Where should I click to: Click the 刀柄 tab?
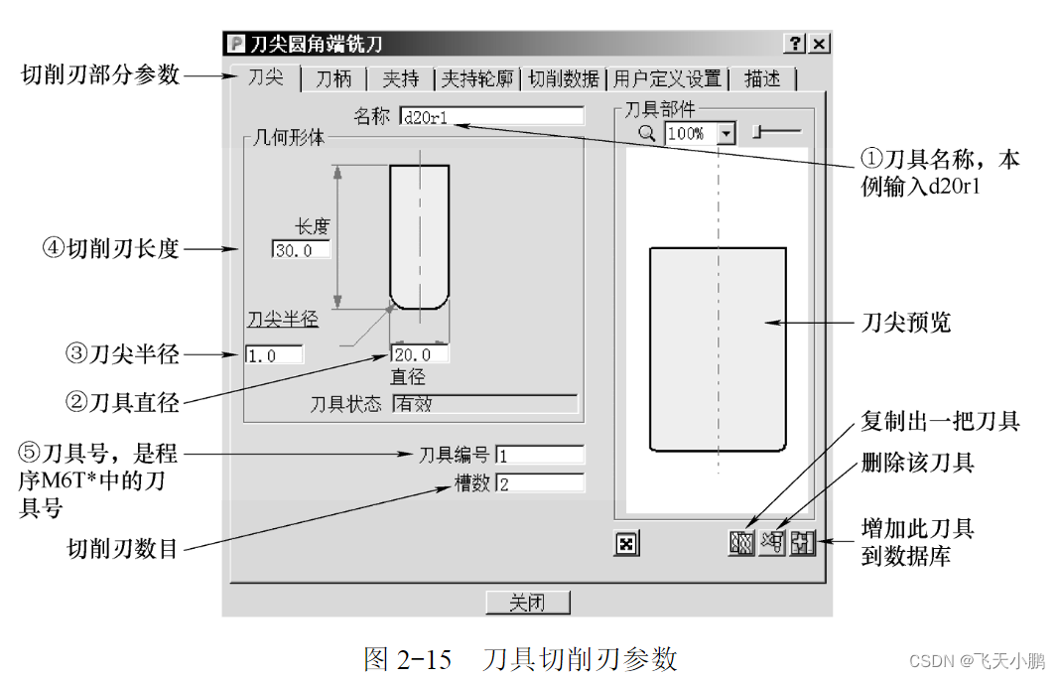(x=333, y=79)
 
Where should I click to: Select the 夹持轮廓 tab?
(x=478, y=79)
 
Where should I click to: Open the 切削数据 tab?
(x=564, y=79)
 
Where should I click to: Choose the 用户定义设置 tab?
(x=667, y=79)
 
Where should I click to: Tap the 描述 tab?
(x=761, y=79)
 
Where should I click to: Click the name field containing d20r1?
(x=491, y=117)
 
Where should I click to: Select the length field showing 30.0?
(x=300, y=250)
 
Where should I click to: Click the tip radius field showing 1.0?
(x=273, y=354)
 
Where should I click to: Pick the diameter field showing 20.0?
(x=419, y=354)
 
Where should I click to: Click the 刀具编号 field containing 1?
(x=539, y=456)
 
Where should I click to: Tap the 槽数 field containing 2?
(x=539, y=484)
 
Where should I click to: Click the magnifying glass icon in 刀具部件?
(x=647, y=133)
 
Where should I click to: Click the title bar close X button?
(x=819, y=44)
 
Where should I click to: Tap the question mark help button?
(x=795, y=44)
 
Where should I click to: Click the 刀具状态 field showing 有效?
(x=484, y=404)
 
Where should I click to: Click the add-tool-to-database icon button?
(x=802, y=543)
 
